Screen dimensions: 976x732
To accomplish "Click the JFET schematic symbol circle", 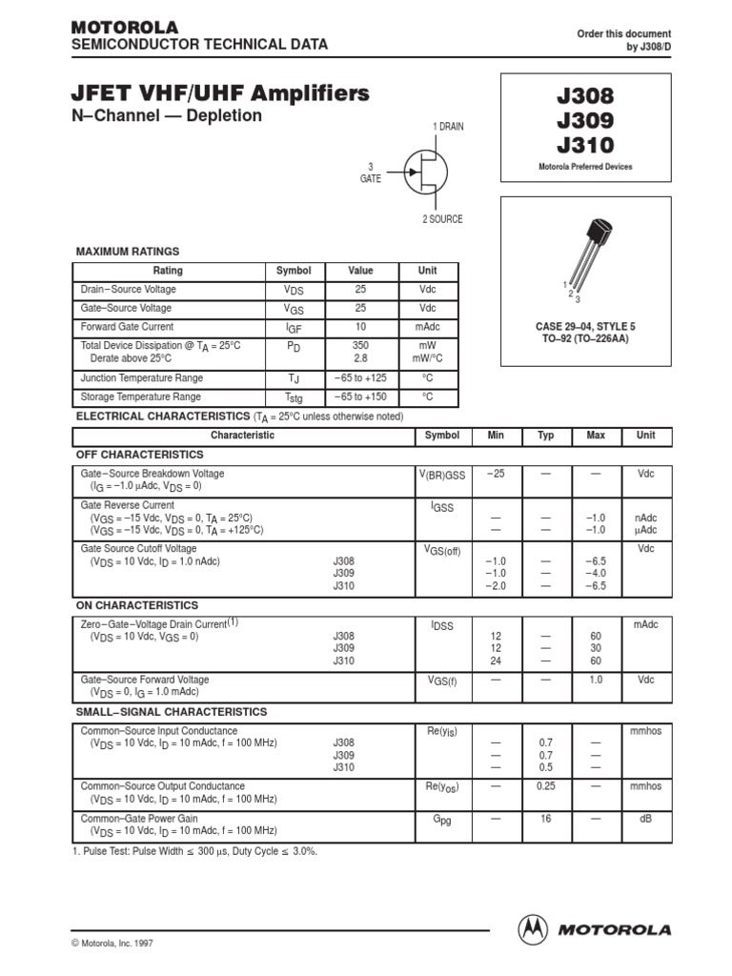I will click(x=425, y=172).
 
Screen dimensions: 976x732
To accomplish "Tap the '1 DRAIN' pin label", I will click(x=448, y=127).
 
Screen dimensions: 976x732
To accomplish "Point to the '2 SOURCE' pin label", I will click(x=442, y=219).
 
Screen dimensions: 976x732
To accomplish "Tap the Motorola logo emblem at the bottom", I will click(x=533, y=928).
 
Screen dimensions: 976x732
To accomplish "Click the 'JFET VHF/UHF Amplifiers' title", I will click(x=220, y=93).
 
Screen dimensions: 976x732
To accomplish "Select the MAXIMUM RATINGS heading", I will click(x=127, y=252).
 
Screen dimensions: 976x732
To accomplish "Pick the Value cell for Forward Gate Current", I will click(x=360, y=327).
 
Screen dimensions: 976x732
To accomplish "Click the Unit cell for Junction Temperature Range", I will click(x=427, y=378).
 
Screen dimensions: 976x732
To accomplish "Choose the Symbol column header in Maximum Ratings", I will click(x=294, y=271).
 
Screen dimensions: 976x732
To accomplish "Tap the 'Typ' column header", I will click(x=546, y=436).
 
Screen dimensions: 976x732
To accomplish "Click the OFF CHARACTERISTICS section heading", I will click(x=139, y=455).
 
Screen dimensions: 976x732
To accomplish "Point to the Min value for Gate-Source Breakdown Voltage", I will click(x=496, y=474).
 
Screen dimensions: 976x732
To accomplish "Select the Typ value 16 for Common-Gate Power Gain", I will click(x=546, y=819).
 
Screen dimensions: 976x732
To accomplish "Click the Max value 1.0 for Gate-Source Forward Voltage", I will click(x=596, y=680).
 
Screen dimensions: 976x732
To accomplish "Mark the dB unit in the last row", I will click(x=645, y=819).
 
